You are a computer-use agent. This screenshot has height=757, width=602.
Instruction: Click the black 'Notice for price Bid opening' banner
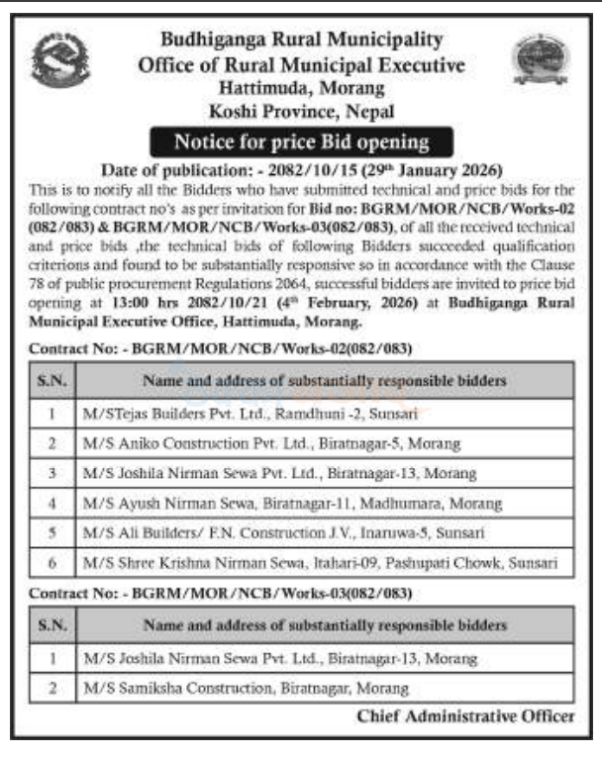click(301, 142)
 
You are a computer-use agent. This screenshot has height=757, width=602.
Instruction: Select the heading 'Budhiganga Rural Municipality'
click(301, 40)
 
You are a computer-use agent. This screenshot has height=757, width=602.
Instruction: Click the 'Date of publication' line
click(301, 168)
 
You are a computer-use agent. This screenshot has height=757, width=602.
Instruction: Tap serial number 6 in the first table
click(49, 562)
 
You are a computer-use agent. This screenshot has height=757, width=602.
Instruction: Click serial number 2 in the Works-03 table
click(49, 687)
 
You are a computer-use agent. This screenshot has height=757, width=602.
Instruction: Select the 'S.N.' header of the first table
click(49, 379)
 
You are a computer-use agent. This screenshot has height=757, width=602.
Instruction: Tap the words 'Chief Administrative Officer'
click(464, 715)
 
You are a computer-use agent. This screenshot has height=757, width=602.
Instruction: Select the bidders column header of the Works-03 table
click(325, 625)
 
